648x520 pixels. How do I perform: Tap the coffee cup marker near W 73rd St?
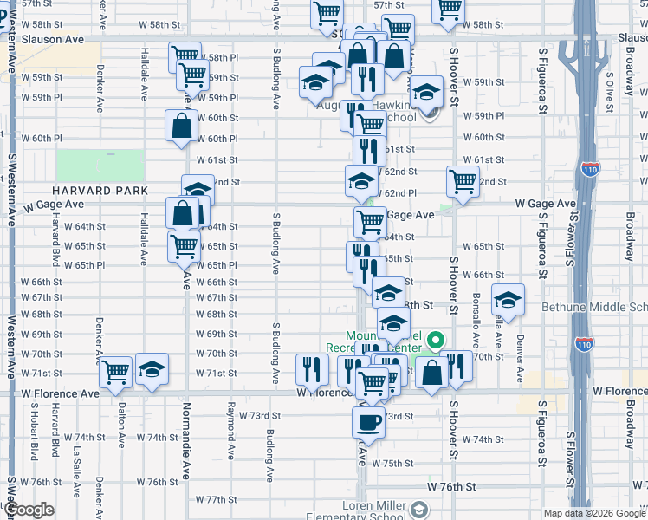pyautogui.click(x=368, y=423)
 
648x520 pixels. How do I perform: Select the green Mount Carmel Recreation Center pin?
pyautogui.click(x=437, y=341)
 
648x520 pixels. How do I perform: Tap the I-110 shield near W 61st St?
pyautogui.click(x=590, y=170)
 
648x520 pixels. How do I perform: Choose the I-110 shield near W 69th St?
pyautogui.click(x=582, y=341)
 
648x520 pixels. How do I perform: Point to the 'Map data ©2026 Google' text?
pyautogui.click(x=594, y=513)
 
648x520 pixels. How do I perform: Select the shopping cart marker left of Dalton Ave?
pyautogui.click(x=115, y=372)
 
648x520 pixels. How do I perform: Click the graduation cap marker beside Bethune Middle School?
pyautogui.click(x=508, y=301)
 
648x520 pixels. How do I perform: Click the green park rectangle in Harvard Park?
pyautogui.click(x=100, y=165)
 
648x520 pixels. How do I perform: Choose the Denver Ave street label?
pyautogui.click(x=520, y=357)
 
